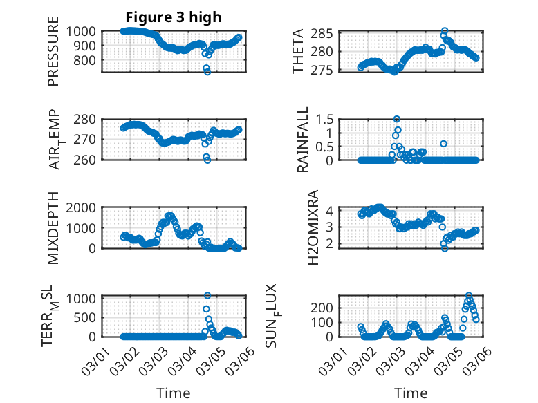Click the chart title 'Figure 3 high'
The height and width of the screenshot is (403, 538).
174,17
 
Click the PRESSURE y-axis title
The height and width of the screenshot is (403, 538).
54,52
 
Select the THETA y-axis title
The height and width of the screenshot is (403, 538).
298,52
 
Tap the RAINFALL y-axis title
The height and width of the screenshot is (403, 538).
303,140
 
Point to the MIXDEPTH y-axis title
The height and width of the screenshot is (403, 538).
54,228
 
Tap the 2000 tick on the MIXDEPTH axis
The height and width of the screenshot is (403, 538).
84,207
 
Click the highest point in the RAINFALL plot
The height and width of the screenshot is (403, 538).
397,119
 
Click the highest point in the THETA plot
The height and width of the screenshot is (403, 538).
445,31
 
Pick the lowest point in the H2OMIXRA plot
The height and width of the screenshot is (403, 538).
445,248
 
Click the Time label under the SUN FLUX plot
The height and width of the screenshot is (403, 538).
411,393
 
